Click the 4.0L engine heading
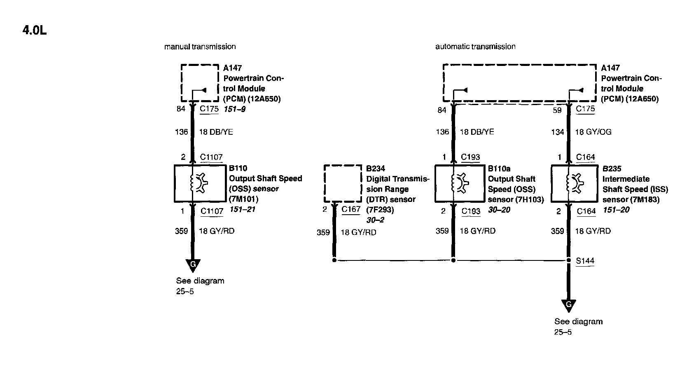[35, 30]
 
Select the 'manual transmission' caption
[200, 47]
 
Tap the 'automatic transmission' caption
[475, 47]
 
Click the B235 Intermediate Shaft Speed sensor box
[574, 183]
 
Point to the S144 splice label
[585, 261]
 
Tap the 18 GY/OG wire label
[593, 132]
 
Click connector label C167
[351, 209]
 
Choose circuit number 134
[557, 132]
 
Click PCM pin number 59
[557, 110]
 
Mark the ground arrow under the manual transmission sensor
[192, 265]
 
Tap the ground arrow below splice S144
[568, 306]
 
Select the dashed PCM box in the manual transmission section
[200, 82]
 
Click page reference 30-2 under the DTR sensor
[375, 220]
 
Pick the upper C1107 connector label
[211, 157]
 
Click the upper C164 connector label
[585, 157]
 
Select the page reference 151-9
[234, 110]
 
